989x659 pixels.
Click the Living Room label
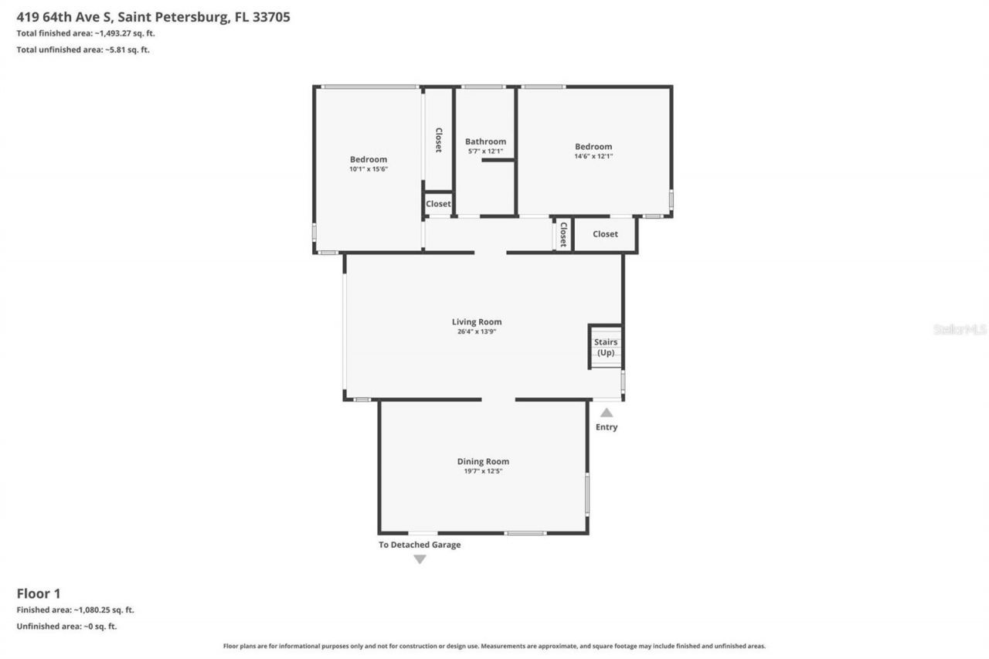[x=477, y=322]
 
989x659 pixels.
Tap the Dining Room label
[x=483, y=461]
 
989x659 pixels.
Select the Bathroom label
[x=485, y=141]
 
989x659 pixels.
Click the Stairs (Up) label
[x=606, y=347]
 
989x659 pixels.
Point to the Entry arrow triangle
[x=607, y=413]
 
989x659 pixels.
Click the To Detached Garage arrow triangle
[x=420, y=559]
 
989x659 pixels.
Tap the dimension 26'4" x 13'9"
[x=477, y=332]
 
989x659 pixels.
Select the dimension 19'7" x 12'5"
[x=483, y=471]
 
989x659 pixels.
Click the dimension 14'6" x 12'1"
[x=593, y=156]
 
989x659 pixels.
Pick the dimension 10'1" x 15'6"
[x=369, y=169]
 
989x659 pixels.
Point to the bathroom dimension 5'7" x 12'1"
[x=485, y=151]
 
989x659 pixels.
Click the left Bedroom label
[x=369, y=159]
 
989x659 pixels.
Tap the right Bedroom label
[x=593, y=146]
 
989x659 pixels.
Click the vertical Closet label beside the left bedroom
[x=438, y=140]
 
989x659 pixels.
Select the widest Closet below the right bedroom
[x=605, y=234]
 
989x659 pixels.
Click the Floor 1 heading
[x=39, y=593]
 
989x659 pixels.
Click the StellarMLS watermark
[x=960, y=329]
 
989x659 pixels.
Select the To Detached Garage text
[x=420, y=545]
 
